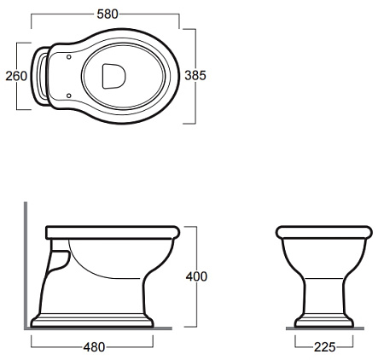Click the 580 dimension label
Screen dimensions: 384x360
(x=108, y=15)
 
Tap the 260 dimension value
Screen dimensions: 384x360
(x=16, y=76)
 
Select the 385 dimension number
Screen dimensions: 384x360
(x=195, y=76)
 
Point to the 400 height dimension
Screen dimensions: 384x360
(x=196, y=276)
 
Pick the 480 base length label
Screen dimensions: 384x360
(x=94, y=347)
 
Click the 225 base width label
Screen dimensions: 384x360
(x=325, y=347)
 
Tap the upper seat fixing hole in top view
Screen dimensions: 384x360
(x=68, y=57)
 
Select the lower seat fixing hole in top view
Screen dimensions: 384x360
(x=68, y=96)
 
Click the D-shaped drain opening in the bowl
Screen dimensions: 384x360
(x=113, y=76)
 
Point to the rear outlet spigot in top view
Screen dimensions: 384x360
(x=40, y=76)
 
